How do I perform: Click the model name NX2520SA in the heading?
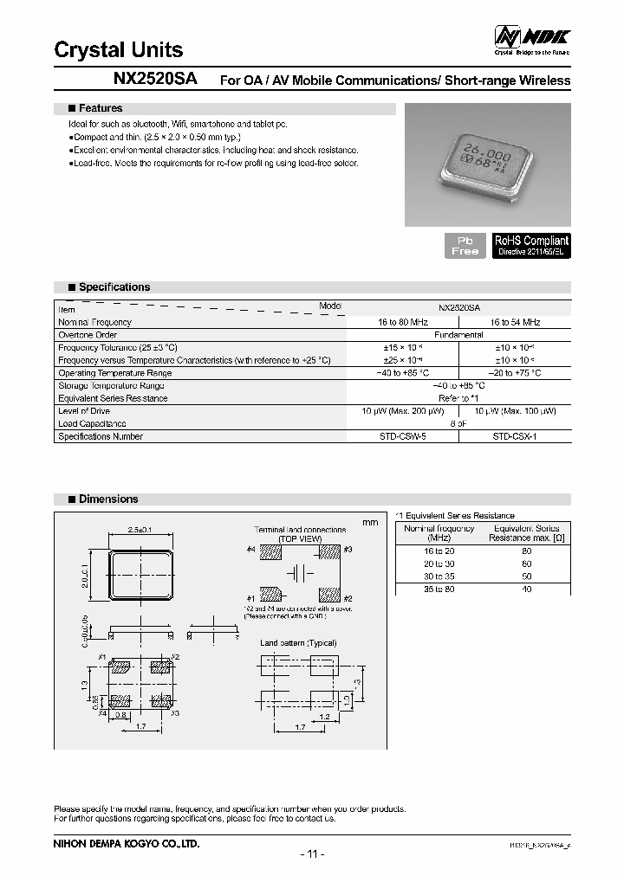(155, 78)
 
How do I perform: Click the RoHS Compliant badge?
(531, 245)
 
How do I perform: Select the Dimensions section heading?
(108, 499)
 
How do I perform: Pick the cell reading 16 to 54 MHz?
(515, 322)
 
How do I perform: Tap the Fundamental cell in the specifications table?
(458, 334)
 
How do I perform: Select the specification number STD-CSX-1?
(515, 436)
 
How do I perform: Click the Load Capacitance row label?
(92, 424)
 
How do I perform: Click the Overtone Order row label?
(88, 334)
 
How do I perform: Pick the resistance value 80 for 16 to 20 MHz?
(526, 551)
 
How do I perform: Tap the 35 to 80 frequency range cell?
(439, 589)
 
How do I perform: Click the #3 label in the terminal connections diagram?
(348, 550)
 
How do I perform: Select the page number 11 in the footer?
(312, 854)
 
